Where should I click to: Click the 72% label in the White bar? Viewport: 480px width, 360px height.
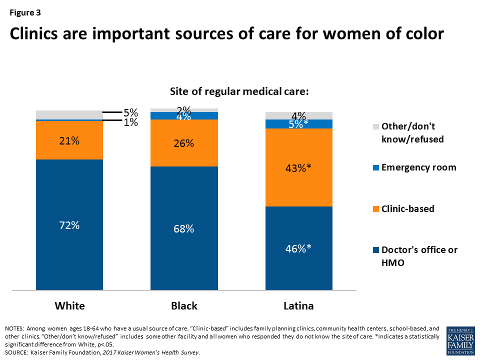[x=69, y=225]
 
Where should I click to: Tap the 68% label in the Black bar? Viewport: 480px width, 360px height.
[x=184, y=229]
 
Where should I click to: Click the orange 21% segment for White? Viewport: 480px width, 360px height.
[x=69, y=140]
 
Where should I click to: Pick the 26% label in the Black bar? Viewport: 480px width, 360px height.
[x=184, y=143]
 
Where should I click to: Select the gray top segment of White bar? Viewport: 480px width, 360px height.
[x=69, y=114]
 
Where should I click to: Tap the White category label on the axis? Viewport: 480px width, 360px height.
[x=69, y=306]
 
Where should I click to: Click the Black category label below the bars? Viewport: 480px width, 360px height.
[x=184, y=306]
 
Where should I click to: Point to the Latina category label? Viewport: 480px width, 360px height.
[x=298, y=306]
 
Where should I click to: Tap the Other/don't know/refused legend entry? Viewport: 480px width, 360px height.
[x=412, y=133]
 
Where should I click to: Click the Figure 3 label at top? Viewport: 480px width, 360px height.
[x=24, y=12]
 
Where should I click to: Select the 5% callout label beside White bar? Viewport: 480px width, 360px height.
[x=130, y=113]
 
